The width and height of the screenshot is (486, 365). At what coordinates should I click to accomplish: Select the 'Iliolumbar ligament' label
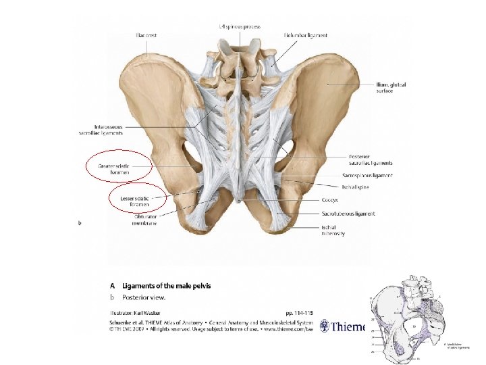point(306,35)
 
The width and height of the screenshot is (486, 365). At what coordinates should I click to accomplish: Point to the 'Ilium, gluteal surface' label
point(391,88)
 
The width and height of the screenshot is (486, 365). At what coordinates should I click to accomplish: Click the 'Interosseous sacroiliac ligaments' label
point(99,130)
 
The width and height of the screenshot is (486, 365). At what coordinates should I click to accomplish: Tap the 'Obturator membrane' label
point(144,220)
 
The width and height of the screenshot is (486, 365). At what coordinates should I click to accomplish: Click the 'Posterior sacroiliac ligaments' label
point(371,160)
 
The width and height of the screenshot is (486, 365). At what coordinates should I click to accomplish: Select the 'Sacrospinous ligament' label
point(367,176)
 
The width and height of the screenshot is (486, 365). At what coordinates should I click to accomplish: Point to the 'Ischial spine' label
point(354,187)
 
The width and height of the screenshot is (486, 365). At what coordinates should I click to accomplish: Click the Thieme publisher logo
point(348,326)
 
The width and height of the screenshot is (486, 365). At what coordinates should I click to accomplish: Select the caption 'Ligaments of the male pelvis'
point(166,286)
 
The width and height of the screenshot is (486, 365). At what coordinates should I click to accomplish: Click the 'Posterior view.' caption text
point(143,297)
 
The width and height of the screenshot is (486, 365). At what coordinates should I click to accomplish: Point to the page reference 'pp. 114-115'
point(299,313)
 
